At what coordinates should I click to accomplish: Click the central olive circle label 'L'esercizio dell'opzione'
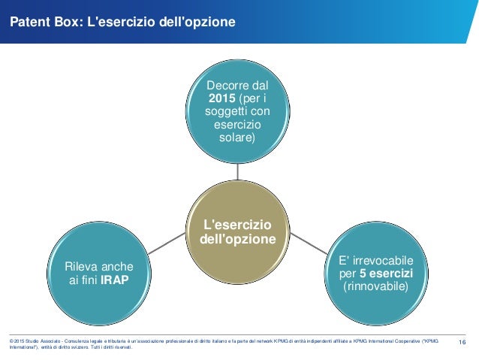click(236, 231)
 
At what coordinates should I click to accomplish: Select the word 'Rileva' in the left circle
click(81, 266)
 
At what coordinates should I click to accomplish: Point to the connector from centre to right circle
click(306, 241)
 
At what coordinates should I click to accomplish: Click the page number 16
click(462, 343)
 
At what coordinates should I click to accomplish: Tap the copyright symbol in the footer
click(11, 341)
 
